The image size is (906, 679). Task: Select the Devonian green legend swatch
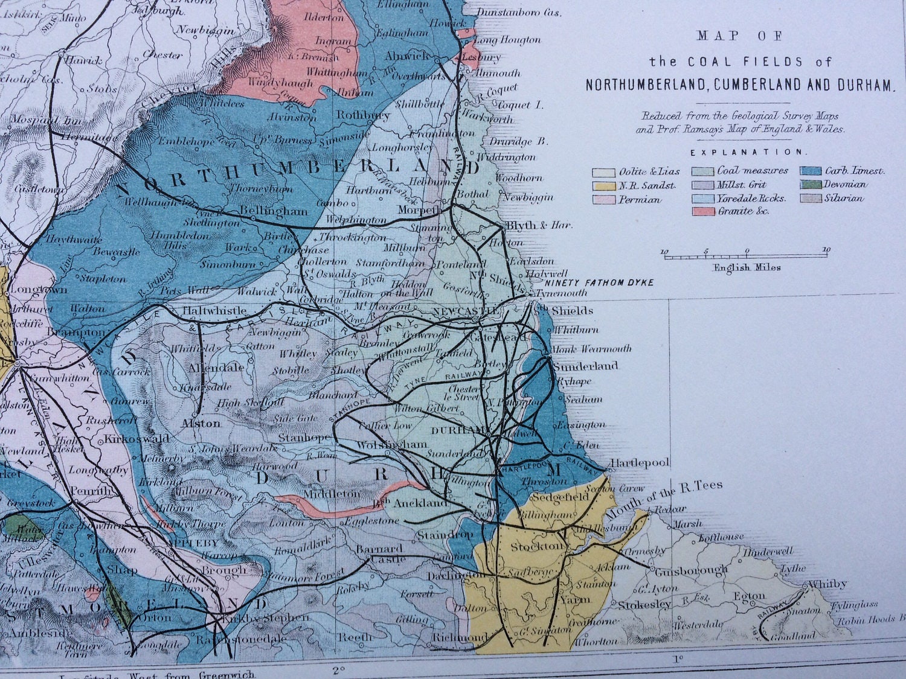click(811, 185)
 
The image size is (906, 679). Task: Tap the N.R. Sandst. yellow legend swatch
click(603, 186)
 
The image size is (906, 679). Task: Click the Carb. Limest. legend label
click(854, 171)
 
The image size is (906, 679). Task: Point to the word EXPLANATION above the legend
click(747, 153)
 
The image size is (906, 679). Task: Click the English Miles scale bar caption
click(747, 267)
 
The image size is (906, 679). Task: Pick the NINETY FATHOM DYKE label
click(599, 282)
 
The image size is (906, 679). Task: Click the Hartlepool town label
click(640, 463)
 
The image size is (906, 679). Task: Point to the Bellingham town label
click(274, 211)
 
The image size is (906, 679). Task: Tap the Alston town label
click(201, 423)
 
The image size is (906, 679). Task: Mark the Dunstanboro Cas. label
click(519, 11)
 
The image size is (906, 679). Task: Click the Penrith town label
click(91, 491)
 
